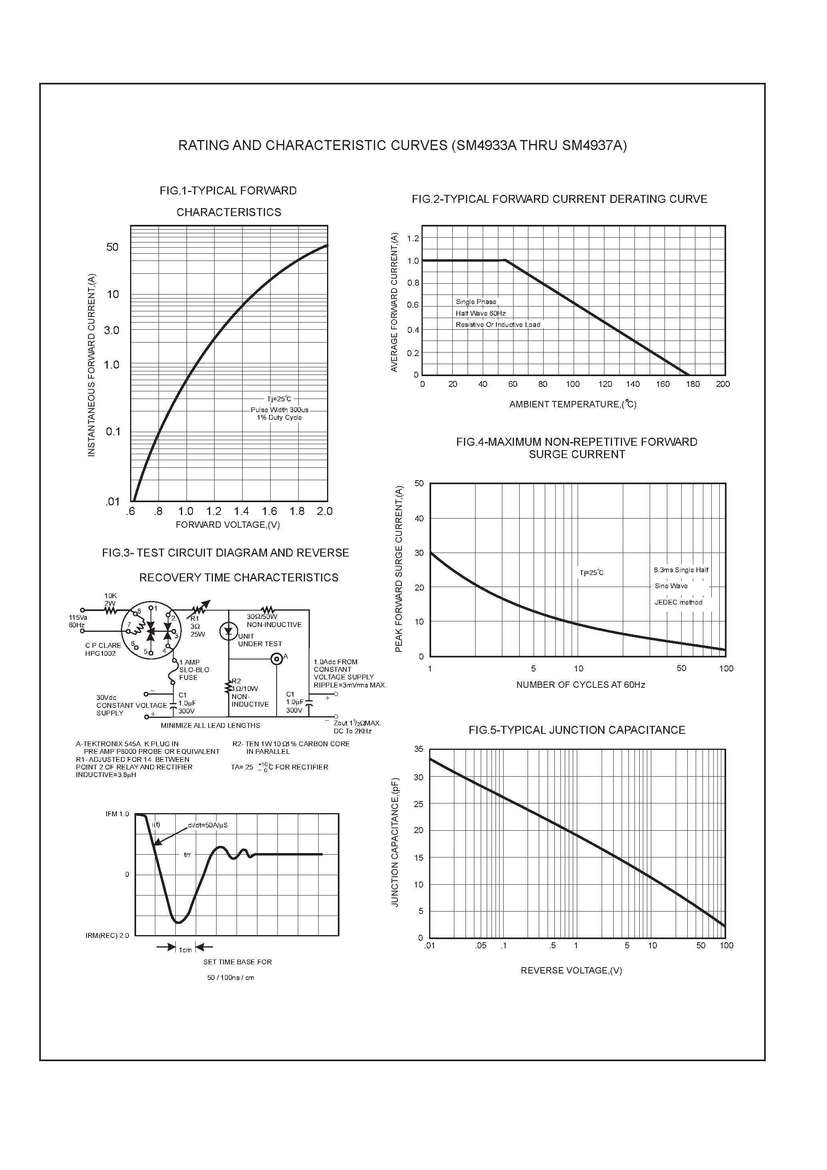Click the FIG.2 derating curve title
tap(559, 199)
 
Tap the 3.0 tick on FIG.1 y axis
tap(111, 330)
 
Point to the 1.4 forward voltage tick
tap(241, 511)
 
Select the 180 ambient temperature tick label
tap(693, 384)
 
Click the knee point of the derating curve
tap(505, 260)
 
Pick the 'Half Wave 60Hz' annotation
tap(480, 313)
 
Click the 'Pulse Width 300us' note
tap(279, 410)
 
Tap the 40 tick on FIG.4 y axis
tap(419, 518)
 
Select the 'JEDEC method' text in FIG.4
tap(678, 602)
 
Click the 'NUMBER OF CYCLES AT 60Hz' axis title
tap(580, 685)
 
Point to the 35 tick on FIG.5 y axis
tap(419, 749)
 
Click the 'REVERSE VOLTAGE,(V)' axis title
tap(571, 970)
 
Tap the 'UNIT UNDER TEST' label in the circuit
tap(259, 640)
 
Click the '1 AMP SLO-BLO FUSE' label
tap(194, 669)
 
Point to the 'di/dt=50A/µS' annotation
tap(207, 825)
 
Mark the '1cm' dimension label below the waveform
tap(185, 950)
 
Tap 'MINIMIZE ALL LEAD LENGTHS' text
tap(210, 725)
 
